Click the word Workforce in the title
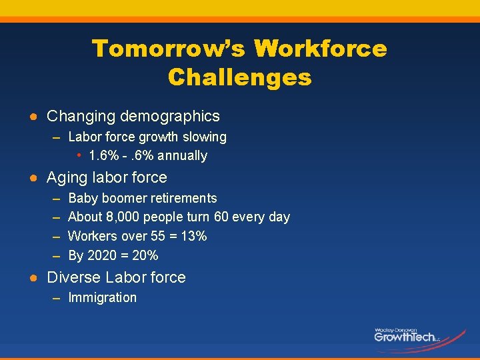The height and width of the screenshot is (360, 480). (321, 49)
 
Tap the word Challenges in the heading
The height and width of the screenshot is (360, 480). (240, 77)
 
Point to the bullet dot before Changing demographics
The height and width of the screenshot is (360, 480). (32, 117)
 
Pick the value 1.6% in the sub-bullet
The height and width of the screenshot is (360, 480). (103, 156)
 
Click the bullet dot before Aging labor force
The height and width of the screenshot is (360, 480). (32, 178)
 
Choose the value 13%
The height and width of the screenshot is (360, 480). (193, 237)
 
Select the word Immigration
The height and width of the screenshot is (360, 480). (102, 298)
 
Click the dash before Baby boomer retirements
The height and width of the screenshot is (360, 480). (55, 199)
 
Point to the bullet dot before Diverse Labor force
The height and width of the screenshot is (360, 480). (32, 278)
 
